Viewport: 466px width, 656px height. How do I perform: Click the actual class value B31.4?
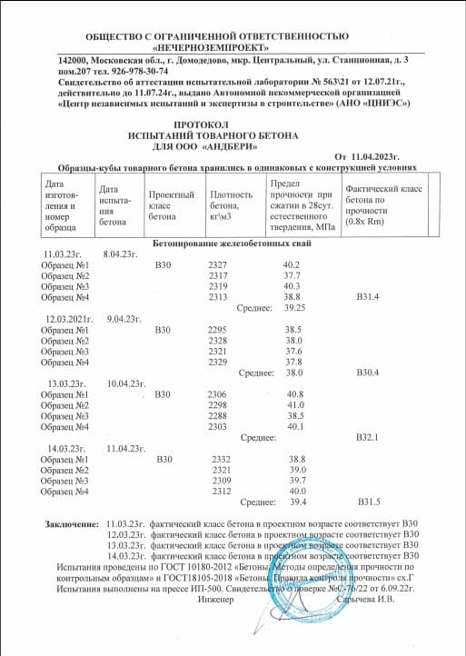pyautogui.click(x=367, y=297)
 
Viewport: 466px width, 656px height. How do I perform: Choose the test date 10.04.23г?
pyautogui.click(x=126, y=383)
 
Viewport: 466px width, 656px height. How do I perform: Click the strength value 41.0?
pyautogui.click(x=295, y=405)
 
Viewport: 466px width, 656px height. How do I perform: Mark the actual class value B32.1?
pyautogui.click(x=367, y=438)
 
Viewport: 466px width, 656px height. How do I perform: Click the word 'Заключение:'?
pyautogui.click(x=72, y=525)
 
